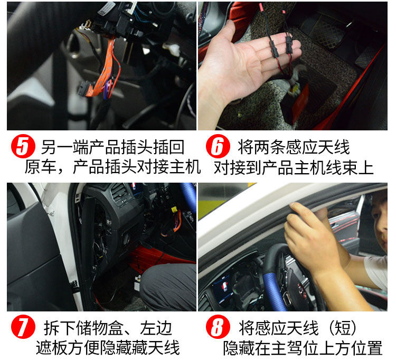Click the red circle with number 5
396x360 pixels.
23,146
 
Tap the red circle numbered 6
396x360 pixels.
218,146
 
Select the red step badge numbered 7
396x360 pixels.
23,326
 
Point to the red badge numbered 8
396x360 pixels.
218,326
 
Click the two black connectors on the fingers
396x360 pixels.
281,46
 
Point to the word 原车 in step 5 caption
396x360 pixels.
41,167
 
